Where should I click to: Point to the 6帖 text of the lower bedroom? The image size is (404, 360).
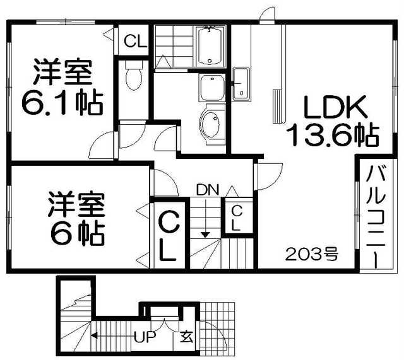pyautogui.click(x=77, y=234)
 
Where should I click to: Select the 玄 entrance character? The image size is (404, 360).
pyautogui.click(x=187, y=336)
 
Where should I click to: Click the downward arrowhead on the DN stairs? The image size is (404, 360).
pyautogui.click(x=205, y=235)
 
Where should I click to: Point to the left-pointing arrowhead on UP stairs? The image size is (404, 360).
pyautogui.click(x=93, y=336)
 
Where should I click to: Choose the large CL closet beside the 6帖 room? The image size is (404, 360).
pyautogui.click(x=167, y=235)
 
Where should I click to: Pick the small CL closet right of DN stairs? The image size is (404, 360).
pyautogui.click(x=235, y=218)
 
